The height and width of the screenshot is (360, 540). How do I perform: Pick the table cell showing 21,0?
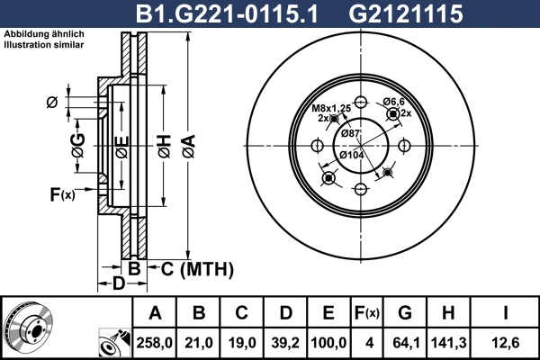[x=200, y=342]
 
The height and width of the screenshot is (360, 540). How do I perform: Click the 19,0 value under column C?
[x=243, y=342]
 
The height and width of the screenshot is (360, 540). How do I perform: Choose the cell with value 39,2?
[x=286, y=342]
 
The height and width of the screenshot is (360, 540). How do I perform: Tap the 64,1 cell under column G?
[x=405, y=342]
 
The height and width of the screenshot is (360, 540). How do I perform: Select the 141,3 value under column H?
[x=450, y=342]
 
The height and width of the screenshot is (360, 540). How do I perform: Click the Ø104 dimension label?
[x=351, y=156]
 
